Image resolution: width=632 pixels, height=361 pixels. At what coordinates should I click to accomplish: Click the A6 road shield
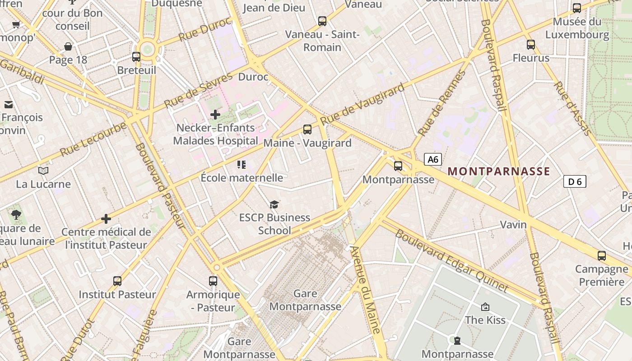pos(432,159)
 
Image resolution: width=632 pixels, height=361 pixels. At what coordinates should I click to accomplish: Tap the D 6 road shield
pos(575,182)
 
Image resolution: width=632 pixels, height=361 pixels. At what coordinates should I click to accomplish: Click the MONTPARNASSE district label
pos(499,171)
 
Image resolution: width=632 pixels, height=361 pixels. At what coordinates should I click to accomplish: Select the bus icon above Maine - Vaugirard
pos(307,130)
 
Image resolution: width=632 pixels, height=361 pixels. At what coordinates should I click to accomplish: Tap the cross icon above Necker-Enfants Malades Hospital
pos(215,115)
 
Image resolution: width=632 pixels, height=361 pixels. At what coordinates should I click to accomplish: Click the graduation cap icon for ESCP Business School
pos(274,205)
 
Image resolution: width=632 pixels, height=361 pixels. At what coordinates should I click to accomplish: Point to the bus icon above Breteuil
pos(136,57)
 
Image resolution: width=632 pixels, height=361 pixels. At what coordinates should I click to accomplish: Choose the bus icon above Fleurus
pos(531,45)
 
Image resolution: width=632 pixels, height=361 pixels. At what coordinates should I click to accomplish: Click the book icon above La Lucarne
pos(43,171)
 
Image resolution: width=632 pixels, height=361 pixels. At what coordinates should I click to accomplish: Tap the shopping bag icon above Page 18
pos(68,46)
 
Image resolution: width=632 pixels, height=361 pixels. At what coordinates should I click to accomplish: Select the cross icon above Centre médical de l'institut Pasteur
pos(106,219)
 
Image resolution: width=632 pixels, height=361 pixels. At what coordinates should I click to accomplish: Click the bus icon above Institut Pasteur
pos(117,281)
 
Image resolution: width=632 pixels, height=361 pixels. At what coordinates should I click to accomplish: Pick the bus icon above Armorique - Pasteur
pos(213,281)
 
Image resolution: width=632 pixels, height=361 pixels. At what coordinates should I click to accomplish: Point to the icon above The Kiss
pos(485,307)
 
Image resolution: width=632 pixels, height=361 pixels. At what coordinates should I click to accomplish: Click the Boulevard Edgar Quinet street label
pos(452,261)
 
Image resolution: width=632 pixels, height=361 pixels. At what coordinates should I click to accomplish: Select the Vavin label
pos(513,225)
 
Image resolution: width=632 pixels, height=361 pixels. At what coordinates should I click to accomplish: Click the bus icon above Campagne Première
pos(602,256)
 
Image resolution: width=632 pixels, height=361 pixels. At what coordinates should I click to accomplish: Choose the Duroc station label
pos(253,77)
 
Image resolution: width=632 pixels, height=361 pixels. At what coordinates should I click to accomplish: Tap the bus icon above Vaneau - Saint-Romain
pos(322,21)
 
